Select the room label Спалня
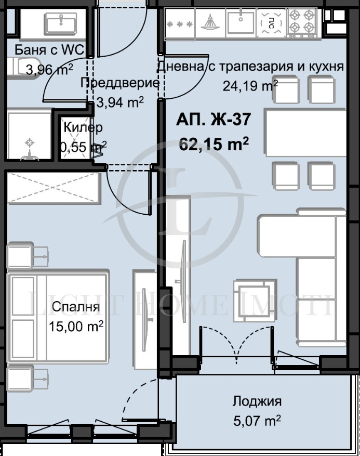[x=75, y=307]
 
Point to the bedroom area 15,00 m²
[x=76, y=326]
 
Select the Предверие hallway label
[x=119, y=83]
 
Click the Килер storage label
[x=83, y=127]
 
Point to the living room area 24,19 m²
[x=250, y=85]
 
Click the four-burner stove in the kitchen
[x=302, y=22]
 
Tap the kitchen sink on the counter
[x=241, y=22]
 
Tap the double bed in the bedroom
[x=57, y=318]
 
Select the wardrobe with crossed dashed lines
[x=52, y=188]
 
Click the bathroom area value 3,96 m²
[x=49, y=69]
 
